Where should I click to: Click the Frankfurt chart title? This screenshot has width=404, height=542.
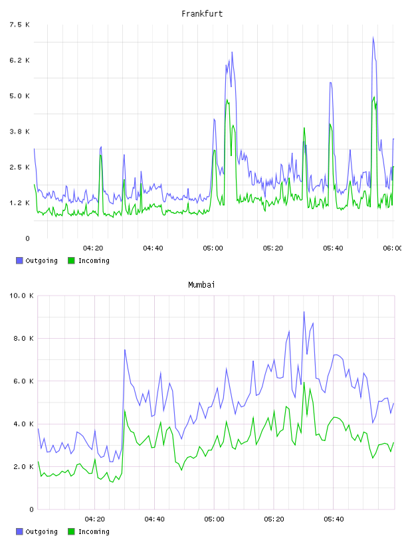tap(202, 14)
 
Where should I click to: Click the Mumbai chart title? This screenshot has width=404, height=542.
tap(201, 285)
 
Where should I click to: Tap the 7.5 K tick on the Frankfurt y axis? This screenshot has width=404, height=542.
tap(20, 25)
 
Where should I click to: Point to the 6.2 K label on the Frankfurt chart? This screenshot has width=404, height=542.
tap(20, 60)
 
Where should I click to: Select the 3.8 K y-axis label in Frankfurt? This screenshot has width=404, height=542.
tap(20, 132)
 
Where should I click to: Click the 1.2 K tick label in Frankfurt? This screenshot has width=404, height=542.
tap(20, 203)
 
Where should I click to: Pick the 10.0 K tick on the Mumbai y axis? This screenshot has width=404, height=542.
tap(21, 296)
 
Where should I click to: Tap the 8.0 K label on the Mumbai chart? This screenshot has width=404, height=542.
tap(23, 338)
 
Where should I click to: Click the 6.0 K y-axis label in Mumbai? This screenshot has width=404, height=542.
tap(23, 381)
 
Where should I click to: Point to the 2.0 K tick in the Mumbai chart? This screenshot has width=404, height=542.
tap(23, 467)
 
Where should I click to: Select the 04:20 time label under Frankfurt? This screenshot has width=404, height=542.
tap(93, 248)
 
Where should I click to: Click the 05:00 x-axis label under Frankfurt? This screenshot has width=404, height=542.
tap(213, 248)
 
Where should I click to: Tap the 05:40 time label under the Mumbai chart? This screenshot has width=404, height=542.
tap(334, 519)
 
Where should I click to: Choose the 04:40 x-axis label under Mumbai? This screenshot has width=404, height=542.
tap(155, 519)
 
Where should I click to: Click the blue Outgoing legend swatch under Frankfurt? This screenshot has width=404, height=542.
tap(19, 260)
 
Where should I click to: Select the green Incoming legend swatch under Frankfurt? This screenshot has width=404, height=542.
tap(71, 260)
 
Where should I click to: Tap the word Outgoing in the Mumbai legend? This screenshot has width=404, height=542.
tap(41, 531)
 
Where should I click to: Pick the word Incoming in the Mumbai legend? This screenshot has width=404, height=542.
tap(94, 531)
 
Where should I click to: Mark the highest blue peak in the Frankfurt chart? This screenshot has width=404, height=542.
tap(373, 37)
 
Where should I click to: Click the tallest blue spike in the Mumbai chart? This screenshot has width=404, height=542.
tap(304, 312)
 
